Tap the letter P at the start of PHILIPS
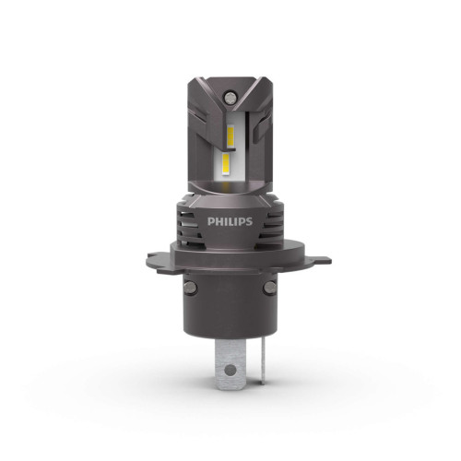pos(211,222)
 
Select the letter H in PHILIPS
pos(218,222)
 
